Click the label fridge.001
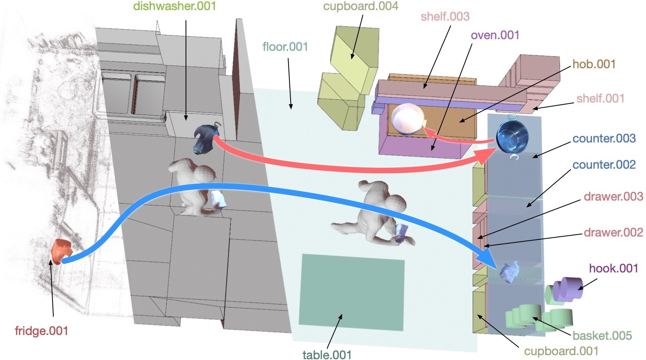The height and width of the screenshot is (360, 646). tap(41, 331)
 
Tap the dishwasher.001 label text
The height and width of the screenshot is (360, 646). tap(174, 6)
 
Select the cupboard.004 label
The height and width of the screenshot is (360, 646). tap(360, 6)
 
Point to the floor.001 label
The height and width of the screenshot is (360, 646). tap(285, 47)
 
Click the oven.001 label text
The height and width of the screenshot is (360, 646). tap(495, 35)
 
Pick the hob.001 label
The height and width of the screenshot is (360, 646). tap(594, 64)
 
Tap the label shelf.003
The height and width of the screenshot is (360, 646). tap(445, 17)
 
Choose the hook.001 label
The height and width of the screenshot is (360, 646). tap(613, 268)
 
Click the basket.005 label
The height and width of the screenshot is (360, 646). tap(602, 335)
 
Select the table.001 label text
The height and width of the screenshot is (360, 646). tap(327, 355)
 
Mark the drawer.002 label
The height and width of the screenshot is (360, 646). tap(613, 232)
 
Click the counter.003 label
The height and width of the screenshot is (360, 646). tap(604, 138)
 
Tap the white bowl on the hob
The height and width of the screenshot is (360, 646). tap(407, 119)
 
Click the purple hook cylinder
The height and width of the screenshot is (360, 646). tap(568, 288)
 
